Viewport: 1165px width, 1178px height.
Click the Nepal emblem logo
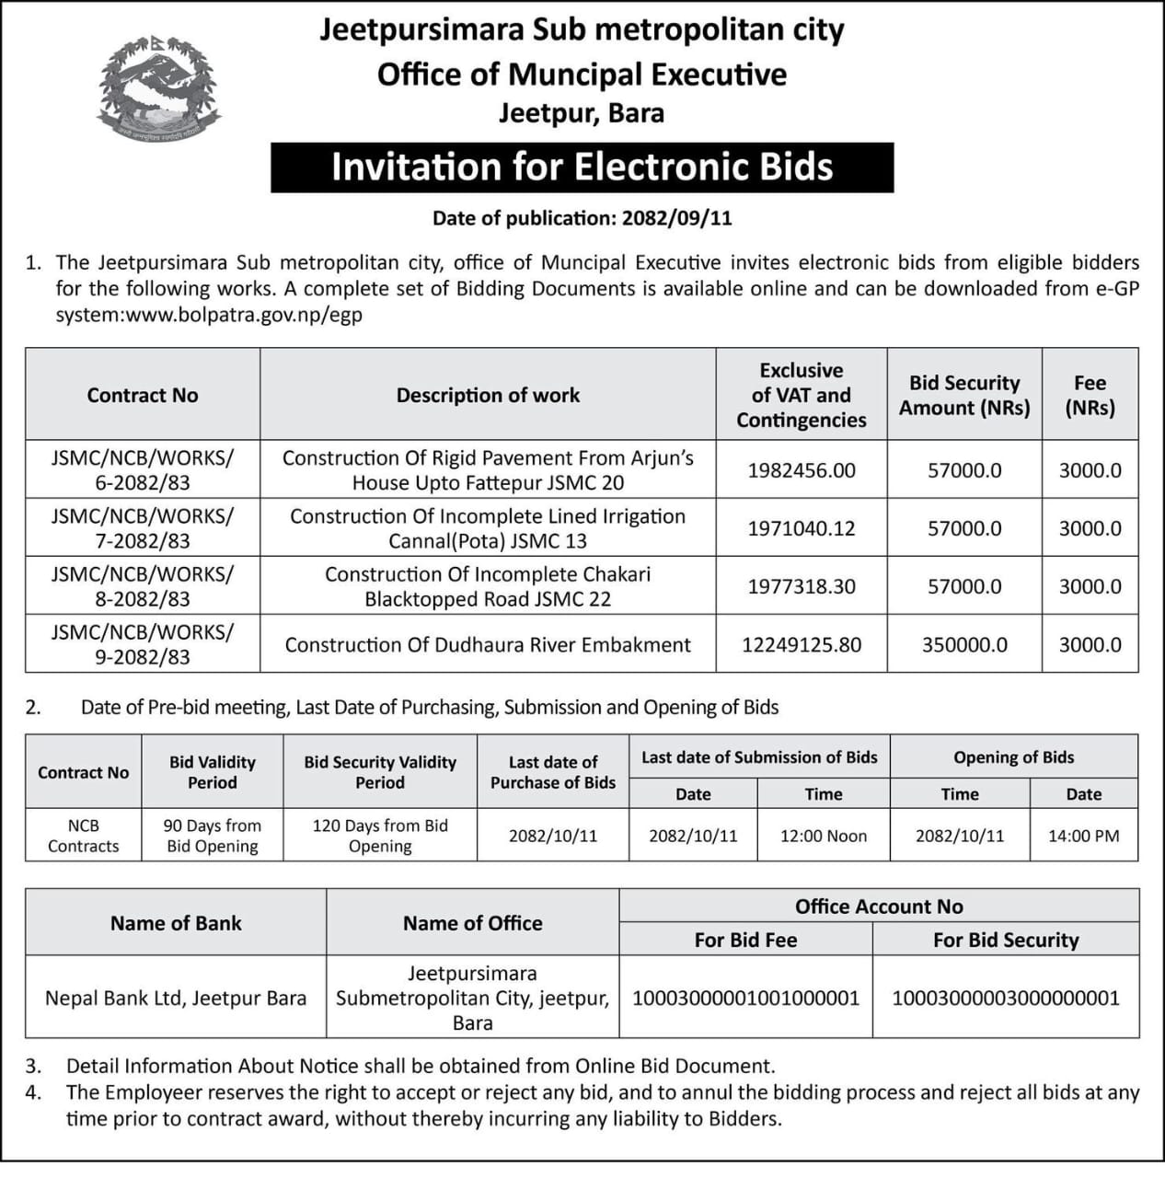click(159, 89)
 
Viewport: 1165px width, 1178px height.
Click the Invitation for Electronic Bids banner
click(582, 167)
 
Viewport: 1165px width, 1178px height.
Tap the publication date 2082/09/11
click(676, 218)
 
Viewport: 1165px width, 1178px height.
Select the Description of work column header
click(488, 395)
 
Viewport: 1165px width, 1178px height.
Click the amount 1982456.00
click(801, 470)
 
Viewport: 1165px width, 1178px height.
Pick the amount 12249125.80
click(801, 645)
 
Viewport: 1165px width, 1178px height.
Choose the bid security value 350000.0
click(964, 645)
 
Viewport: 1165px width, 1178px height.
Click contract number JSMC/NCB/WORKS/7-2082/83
click(143, 528)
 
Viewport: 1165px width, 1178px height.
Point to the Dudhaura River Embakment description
click(488, 645)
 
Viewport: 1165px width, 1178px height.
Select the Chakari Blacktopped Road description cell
click(488, 586)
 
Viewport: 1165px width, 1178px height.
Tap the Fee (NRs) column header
click(1090, 395)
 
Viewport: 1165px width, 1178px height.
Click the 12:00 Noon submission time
click(824, 836)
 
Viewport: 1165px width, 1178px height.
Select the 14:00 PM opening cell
click(1083, 836)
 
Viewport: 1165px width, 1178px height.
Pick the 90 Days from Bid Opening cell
click(213, 836)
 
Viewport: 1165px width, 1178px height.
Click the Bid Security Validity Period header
click(380, 772)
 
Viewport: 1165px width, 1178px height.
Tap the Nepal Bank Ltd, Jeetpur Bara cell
click(176, 998)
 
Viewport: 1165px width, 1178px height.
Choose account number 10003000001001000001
click(745, 998)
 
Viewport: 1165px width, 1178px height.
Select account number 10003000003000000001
click(1006, 998)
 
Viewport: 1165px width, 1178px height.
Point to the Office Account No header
click(879, 907)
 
